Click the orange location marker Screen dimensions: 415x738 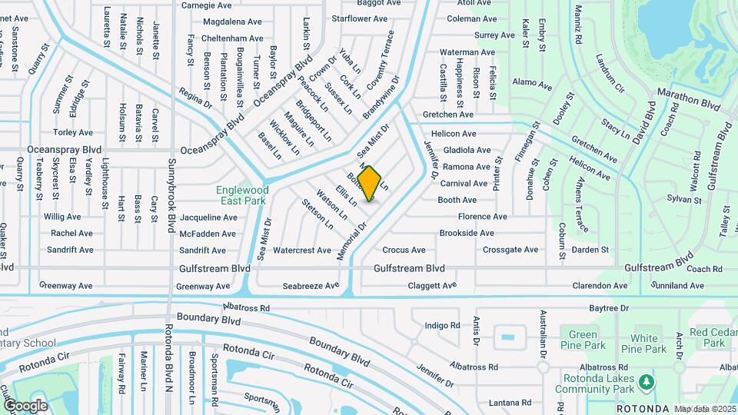(x=370, y=184)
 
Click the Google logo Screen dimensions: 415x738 (x=25, y=405)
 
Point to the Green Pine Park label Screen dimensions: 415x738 (x=583, y=340)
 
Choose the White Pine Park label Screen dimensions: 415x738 (x=644, y=344)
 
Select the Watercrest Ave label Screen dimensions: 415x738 (x=302, y=251)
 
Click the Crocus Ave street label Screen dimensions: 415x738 (x=404, y=251)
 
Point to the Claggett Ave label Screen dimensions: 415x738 (x=431, y=286)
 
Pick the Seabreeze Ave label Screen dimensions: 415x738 (x=311, y=286)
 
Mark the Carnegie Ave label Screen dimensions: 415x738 (x=206, y=5)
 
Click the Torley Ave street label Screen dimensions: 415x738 (x=73, y=133)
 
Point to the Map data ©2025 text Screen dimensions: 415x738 (x=705, y=409)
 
